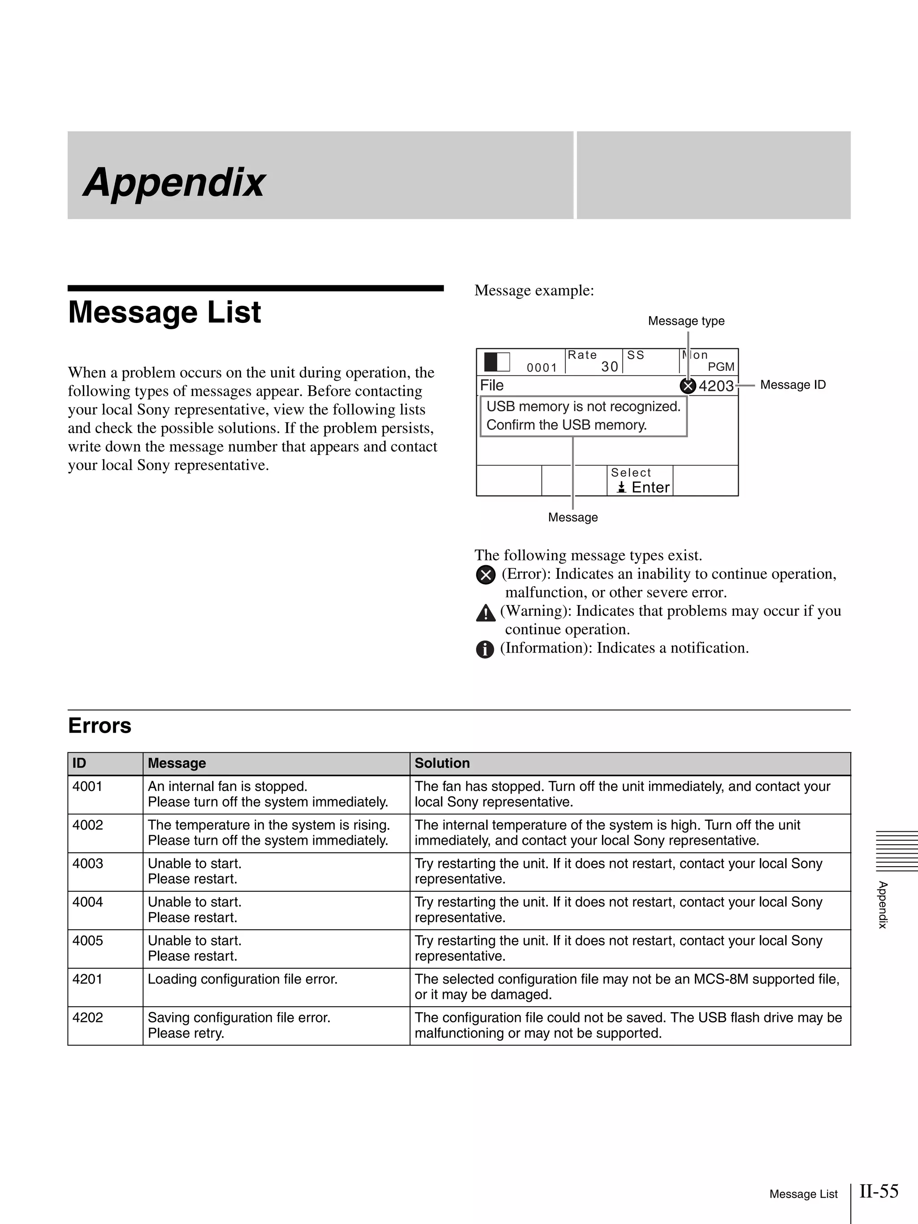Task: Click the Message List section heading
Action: (x=165, y=312)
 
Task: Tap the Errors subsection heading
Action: (x=100, y=726)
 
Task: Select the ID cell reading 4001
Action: (x=87, y=786)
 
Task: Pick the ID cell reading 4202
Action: (x=87, y=1018)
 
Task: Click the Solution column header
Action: (x=442, y=763)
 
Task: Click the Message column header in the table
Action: (x=177, y=763)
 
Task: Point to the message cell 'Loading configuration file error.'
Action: (x=242, y=979)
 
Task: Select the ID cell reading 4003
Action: (x=87, y=863)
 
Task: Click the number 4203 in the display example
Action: (x=716, y=386)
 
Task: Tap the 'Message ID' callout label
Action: (x=792, y=385)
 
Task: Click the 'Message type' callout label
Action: (x=686, y=321)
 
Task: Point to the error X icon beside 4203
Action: (x=688, y=386)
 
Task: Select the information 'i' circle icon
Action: (x=485, y=649)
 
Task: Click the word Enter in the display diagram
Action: (x=650, y=488)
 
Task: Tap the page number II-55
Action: (x=879, y=1191)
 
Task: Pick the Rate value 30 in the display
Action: (x=609, y=367)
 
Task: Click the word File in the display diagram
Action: (x=492, y=385)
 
